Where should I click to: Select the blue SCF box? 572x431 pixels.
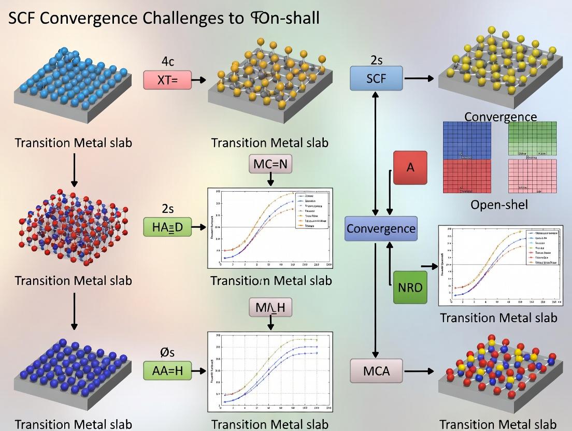click(x=376, y=79)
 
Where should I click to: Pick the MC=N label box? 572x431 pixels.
click(x=270, y=165)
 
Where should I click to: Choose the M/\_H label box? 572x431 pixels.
click(x=270, y=308)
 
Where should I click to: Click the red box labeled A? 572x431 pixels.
click(x=410, y=167)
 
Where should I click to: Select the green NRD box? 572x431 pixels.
click(x=410, y=286)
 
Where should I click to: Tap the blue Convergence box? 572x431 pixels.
click(x=381, y=228)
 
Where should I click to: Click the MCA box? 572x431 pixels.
click(x=376, y=371)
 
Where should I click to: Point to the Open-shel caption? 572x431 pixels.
click(x=499, y=205)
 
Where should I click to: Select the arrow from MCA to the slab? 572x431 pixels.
click(x=419, y=371)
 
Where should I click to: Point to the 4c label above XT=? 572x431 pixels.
click(x=168, y=61)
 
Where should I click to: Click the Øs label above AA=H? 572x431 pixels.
click(x=167, y=352)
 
